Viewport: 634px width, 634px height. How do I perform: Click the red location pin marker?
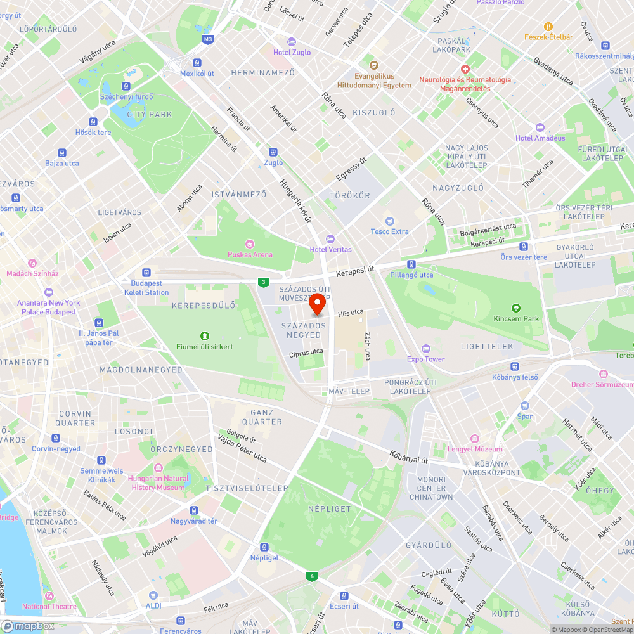317,306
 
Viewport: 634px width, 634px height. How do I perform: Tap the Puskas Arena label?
250,254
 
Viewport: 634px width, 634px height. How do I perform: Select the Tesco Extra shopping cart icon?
390,221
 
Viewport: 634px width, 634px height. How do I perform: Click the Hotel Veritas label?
330,249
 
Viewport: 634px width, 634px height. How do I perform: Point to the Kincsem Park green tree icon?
517,308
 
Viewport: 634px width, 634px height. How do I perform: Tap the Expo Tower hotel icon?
426,349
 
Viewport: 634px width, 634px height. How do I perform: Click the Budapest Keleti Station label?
150,288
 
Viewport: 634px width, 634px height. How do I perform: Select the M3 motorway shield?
208,39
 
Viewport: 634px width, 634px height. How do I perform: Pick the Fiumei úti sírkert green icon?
204,336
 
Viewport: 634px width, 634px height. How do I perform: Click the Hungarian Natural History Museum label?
158,483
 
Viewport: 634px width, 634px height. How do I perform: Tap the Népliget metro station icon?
264,547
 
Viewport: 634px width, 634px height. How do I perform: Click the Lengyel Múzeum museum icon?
475,439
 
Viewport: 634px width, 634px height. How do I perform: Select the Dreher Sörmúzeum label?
602,385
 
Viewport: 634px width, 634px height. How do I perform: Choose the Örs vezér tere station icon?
523,247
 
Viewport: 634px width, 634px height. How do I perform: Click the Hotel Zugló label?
292,53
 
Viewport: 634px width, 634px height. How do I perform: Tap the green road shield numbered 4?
311,576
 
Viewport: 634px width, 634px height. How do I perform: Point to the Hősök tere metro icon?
93,122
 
